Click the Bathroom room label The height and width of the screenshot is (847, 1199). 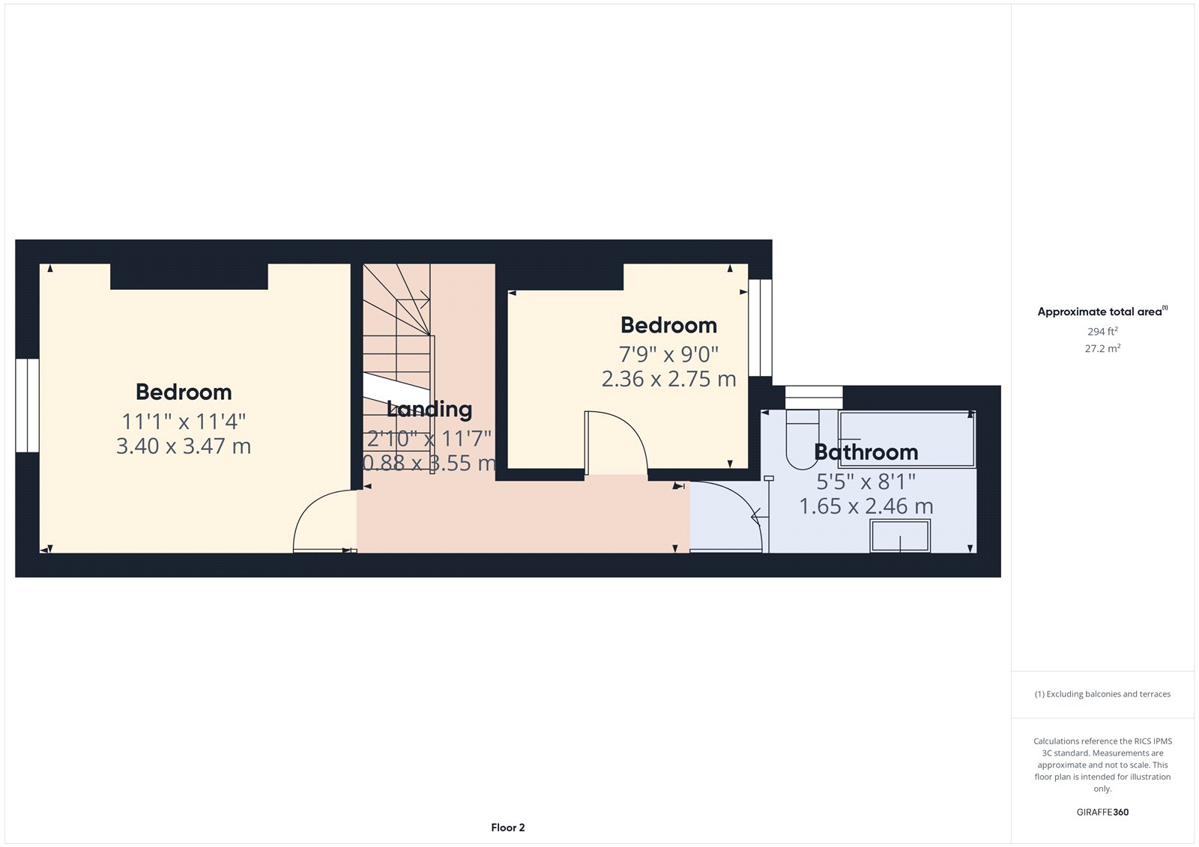coord(866,452)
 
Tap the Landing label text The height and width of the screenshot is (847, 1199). coord(429,409)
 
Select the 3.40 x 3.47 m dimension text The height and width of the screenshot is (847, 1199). coord(184,446)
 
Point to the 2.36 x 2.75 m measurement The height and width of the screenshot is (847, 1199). coord(668,379)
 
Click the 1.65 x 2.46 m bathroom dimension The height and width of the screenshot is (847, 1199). coord(866,506)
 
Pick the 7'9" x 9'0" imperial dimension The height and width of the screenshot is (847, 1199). coord(668,353)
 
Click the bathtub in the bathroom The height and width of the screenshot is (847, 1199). coord(907,439)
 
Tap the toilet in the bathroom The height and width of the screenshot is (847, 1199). coord(802,438)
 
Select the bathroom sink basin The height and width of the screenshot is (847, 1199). coord(899,536)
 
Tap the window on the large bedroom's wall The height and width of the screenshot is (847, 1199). coord(27,405)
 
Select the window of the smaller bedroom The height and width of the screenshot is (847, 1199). coord(760,328)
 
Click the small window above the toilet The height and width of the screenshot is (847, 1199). coord(813,397)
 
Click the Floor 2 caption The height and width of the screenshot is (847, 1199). coord(508,828)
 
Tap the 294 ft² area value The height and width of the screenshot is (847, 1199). coord(1102,331)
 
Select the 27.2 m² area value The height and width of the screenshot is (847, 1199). coord(1102,348)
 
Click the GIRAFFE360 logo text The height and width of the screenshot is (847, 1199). coord(1102,812)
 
